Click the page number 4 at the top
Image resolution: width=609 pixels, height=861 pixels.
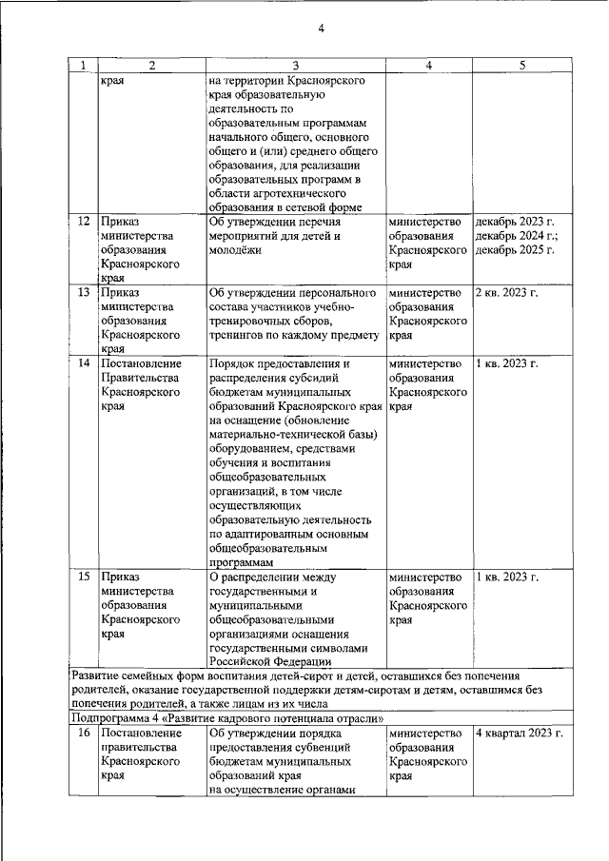tap(322, 28)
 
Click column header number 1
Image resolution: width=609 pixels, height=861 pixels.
tap(83, 66)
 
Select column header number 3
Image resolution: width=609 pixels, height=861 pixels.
tap(295, 66)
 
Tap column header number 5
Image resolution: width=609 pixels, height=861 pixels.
tap(521, 66)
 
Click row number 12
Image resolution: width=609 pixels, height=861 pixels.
tap(84, 222)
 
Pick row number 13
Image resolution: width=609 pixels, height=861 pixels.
tap(84, 292)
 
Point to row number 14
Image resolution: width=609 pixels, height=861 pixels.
tap(84, 364)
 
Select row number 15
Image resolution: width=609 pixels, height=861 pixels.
tap(84, 577)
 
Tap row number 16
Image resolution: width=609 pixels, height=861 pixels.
tap(84, 734)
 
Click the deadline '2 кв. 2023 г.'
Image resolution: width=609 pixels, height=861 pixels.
tap(506, 292)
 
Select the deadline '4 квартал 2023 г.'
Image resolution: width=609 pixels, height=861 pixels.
tap(519, 734)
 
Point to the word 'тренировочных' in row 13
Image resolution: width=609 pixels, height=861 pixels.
tap(251, 321)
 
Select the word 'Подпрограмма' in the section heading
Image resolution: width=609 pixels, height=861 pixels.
tap(110, 717)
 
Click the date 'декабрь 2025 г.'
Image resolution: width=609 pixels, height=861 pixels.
tap(515, 250)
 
